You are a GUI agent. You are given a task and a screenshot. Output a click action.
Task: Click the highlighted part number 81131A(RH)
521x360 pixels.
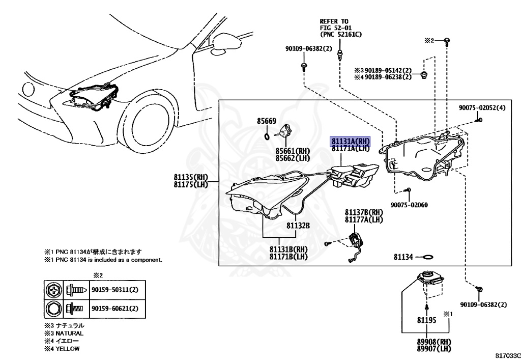pyautogui.click(x=351, y=141)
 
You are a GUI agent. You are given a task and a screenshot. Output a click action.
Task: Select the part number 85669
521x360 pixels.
pyautogui.click(x=266, y=121)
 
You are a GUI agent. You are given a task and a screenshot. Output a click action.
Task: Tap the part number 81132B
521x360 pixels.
pyautogui.click(x=298, y=225)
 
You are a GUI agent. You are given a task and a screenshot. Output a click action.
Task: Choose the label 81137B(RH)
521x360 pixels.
pyautogui.click(x=364, y=212)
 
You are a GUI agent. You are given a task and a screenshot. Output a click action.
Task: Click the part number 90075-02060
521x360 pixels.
pyautogui.click(x=409, y=205)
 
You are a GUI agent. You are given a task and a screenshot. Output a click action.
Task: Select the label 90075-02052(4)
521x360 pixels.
pyautogui.click(x=482, y=108)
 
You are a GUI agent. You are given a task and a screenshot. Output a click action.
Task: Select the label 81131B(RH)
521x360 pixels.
pyautogui.click(x=288, y=250)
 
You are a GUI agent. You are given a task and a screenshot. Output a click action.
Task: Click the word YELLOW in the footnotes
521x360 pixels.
pyautogui.click(x=68, y=349)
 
